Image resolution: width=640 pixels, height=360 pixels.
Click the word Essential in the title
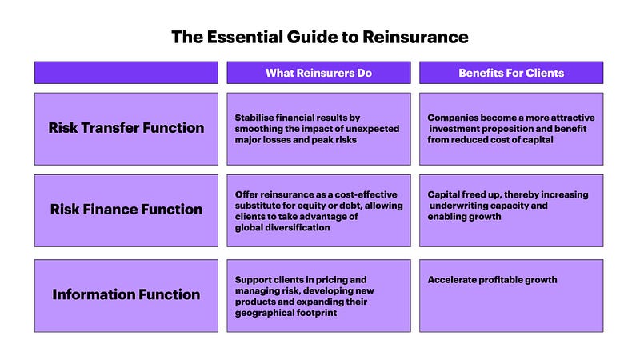pos(245,37)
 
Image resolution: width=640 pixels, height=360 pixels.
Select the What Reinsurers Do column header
pos(318,73)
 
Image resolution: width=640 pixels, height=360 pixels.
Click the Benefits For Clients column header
pos(511,73)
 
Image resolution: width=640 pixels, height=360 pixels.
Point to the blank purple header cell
pos(126,73)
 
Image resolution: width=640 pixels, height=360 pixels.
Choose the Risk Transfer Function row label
pos(126,129)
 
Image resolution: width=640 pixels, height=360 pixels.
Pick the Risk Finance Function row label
pos(126,210)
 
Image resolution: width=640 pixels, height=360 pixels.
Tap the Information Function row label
pos(126,295)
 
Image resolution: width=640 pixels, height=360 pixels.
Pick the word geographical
pos(259,313)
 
